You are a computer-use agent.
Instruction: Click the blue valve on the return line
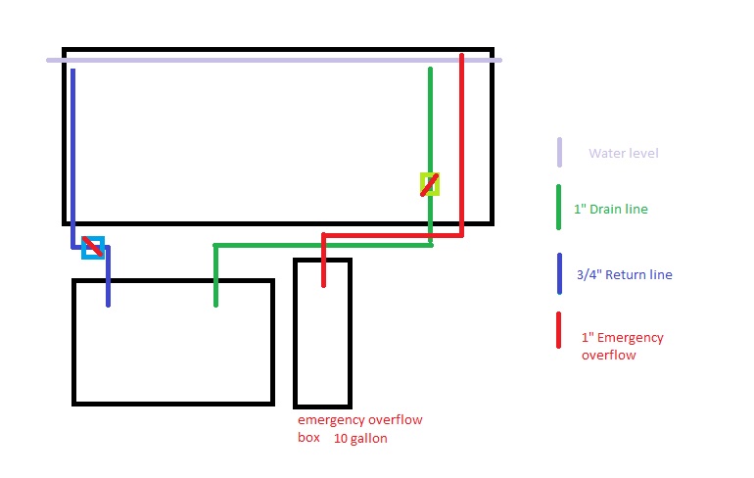point(93,247)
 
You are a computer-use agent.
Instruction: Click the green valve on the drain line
point(429,184)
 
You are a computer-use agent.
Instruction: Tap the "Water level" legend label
point(623,154)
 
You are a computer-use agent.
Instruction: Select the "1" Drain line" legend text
point(610,210)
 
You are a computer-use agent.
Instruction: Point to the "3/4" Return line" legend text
point(623,275)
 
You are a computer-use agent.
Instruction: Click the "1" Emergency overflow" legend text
point(622,346)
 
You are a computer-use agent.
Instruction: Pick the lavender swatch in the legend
point(559,153)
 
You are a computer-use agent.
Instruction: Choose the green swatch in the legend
point(558,208)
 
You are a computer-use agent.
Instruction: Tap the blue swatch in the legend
point(558,274)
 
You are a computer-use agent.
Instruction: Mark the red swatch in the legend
point(558,338)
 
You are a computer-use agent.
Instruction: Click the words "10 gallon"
point(360,438)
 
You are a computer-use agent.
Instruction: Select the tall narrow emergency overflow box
point(322,333)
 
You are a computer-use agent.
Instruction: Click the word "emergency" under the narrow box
point(331,420)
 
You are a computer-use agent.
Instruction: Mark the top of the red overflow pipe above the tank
point(461,57)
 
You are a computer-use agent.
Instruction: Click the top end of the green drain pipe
point(430,70)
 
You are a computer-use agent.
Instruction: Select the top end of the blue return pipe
point(72,71)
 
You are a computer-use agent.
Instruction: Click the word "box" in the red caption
point(308,438)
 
